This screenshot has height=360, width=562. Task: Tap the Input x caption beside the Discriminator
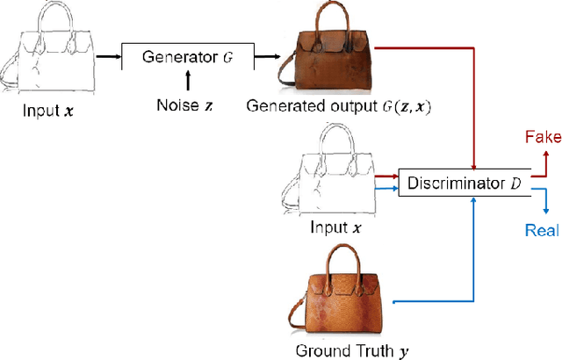click(335, 227)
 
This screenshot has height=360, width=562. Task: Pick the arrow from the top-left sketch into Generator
click(108, 58)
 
